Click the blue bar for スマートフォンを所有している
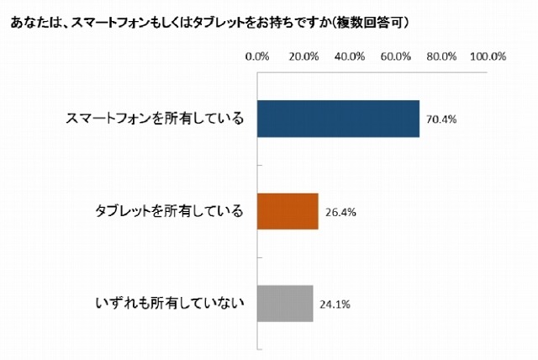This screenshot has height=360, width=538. [x=337, y=119]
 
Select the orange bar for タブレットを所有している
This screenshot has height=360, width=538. [x=287, y=211]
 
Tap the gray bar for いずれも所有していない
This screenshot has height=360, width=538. [x=284, y=303]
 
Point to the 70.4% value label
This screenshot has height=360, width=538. [x=441, y=119]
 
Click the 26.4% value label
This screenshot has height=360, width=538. [x=340, y=212]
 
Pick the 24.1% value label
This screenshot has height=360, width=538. [x=335, y=304]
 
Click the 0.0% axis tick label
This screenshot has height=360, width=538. [x=256, y=57]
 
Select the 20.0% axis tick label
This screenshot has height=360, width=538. [x=303, y=57]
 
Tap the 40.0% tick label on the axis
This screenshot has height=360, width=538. [x=349, y=57]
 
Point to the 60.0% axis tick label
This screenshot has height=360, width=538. [x=395, y=57]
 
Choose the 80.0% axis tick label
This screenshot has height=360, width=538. [x=441, y=57]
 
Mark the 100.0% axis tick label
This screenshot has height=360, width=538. [x=488, y=57]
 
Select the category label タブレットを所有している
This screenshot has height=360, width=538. [x=171, y=211]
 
